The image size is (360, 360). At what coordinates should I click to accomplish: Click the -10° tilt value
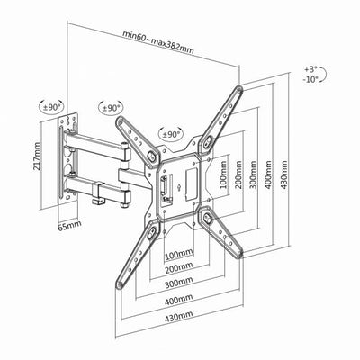point(312,79)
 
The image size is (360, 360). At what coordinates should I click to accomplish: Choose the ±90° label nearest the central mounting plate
point(170,132)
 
